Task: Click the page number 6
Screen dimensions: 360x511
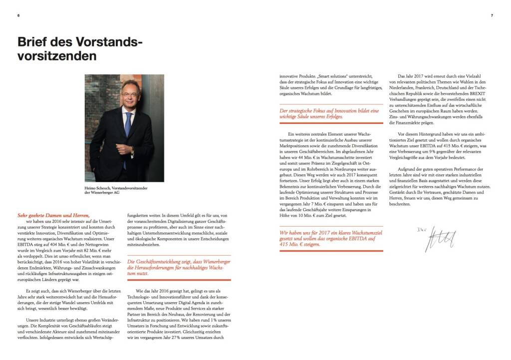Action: (x=18, y=15)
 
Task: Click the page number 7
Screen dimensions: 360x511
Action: (x=492, y=15)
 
